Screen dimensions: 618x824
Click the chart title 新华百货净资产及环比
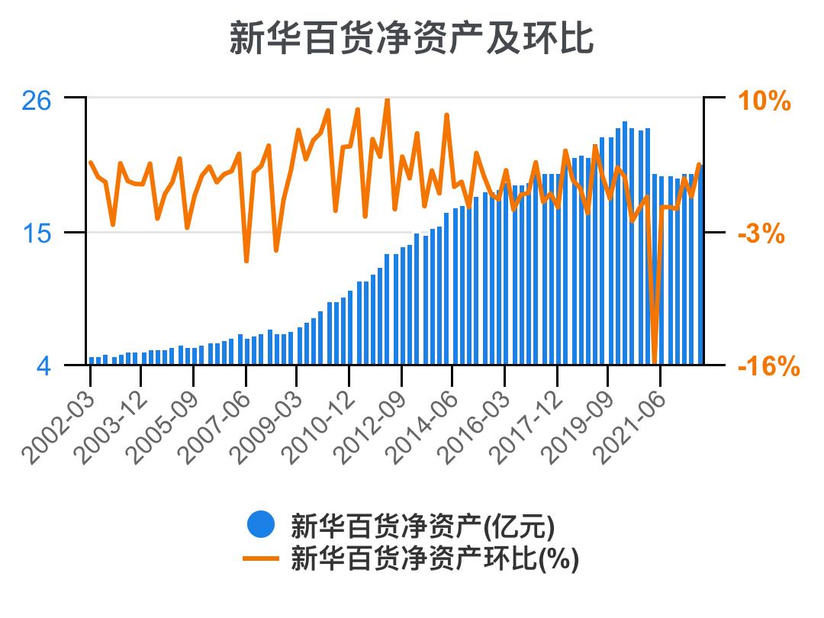tap(411, 38)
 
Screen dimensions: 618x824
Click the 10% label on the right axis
tap(764, 101)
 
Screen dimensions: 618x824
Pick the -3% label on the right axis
tap(761, 233)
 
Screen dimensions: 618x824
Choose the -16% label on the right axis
tap(768, 367)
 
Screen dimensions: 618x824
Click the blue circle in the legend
tap(260, 526)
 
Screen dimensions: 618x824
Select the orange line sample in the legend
tap(260, 559)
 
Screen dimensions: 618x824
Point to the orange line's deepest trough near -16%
tap(655, 362)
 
